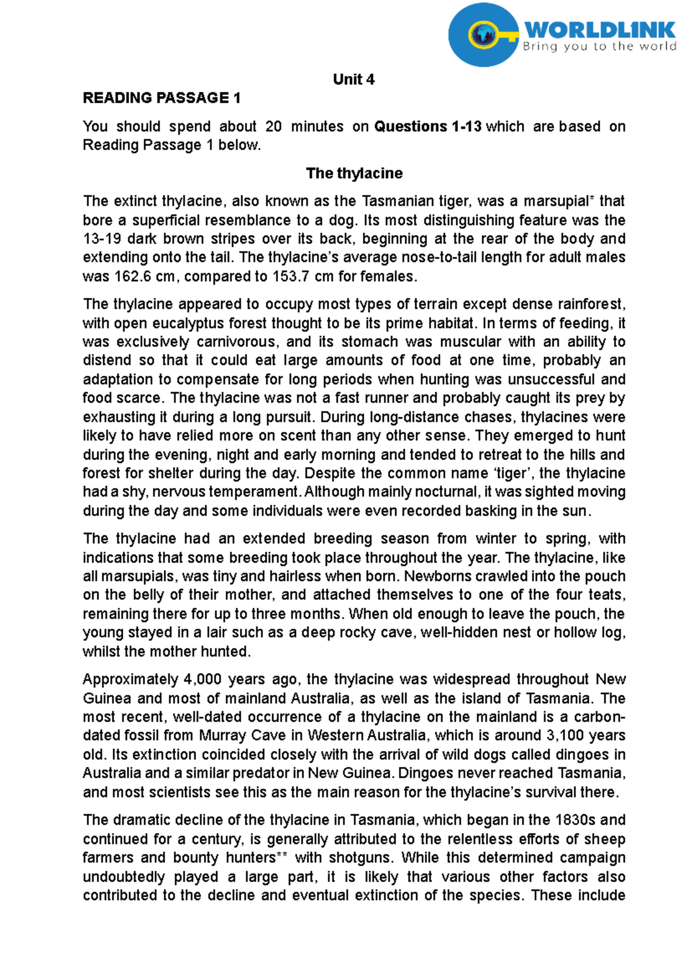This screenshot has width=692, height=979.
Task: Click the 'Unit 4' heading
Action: [x=353, y=80]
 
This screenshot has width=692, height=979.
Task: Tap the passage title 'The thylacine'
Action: [x=354, y=173]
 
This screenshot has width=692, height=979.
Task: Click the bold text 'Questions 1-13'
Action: [x=427, y=126]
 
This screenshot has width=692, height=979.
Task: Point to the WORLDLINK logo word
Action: [x=600, y=30]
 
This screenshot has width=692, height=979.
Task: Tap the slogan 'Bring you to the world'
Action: [x=599, y=47]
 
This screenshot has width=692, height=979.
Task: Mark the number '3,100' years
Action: [x=563, y=735]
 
